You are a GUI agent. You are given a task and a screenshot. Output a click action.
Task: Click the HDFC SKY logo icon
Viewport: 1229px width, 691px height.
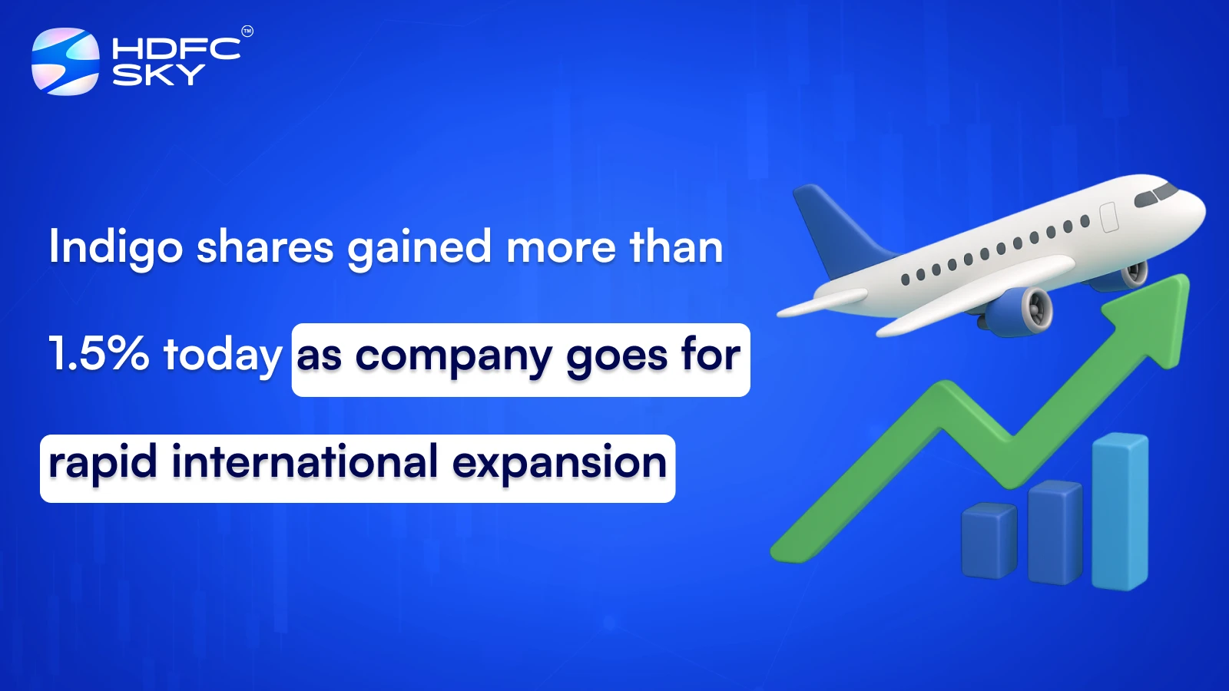coord(65,61)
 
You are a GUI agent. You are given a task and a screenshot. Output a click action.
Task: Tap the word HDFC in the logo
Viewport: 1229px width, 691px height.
coord(176,49)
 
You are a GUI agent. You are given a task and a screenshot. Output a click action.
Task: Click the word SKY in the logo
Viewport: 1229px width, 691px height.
coord(158,74)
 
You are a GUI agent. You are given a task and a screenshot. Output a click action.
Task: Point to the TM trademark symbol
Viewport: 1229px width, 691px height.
coord(247,31)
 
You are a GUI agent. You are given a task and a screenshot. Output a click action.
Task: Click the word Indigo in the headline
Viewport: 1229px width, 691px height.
coord(116,248)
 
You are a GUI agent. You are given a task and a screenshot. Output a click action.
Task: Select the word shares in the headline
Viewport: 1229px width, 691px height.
coord(265,247)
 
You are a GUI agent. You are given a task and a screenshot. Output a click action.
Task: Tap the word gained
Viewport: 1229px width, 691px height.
coord(419,248)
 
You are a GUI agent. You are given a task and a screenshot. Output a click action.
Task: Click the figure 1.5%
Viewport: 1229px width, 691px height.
coord(98,354)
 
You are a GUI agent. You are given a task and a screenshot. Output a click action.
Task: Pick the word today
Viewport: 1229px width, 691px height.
coord(223,355)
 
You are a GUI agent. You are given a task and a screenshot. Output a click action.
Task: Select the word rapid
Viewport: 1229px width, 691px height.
coord(103,463)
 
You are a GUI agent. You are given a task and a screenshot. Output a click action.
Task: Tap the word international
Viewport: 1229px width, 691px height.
coord(305,462)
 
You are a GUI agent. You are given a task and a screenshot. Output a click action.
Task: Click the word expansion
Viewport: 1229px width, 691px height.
coord(559,463)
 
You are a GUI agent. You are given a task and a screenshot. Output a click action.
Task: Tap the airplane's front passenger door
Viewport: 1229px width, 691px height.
coord(1108,217)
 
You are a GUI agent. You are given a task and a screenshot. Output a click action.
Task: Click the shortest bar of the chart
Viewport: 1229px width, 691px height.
coord(989,541)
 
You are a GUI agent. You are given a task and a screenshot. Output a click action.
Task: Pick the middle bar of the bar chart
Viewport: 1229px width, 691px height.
coord(1055,531)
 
